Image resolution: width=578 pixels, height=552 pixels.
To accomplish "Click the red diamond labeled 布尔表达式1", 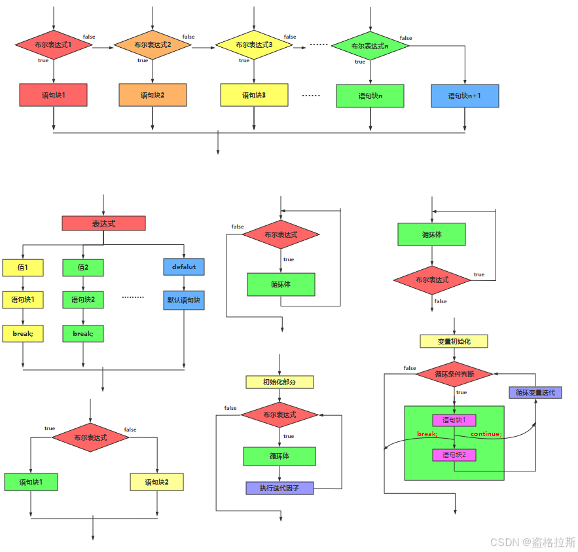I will (54, 45).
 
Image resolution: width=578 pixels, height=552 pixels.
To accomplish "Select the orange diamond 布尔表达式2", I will (153, 45).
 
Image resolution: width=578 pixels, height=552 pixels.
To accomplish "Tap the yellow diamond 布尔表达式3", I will (254, 45).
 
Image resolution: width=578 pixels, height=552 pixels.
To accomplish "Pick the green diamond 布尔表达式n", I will (370, 46).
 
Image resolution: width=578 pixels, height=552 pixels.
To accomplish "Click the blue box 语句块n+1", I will (465, 96).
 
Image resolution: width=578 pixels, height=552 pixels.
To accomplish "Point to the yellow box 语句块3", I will (254, 95).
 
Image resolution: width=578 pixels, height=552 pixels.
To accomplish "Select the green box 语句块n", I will (370, 96).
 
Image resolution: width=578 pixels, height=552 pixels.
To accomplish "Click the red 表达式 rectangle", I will (103, 223).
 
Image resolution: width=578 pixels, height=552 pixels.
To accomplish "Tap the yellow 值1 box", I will (23, 267).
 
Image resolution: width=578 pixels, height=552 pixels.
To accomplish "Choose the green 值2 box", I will (83, 267).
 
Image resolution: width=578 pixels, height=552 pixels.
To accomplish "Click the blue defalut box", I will (184, 267).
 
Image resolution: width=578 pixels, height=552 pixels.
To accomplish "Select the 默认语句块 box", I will (184, 301).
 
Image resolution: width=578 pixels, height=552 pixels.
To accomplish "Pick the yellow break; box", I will (23, 333).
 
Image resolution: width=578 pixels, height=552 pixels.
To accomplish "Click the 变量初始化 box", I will (454, 341).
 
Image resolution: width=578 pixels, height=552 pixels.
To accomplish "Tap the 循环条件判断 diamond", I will (454, 375).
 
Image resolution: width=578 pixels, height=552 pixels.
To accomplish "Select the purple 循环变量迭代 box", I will (535, 392).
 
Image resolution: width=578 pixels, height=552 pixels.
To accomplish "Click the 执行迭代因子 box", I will (280, 487).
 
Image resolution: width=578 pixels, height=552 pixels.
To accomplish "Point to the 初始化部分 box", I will (280, 382).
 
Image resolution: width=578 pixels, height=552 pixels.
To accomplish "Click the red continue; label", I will (486, 434).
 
